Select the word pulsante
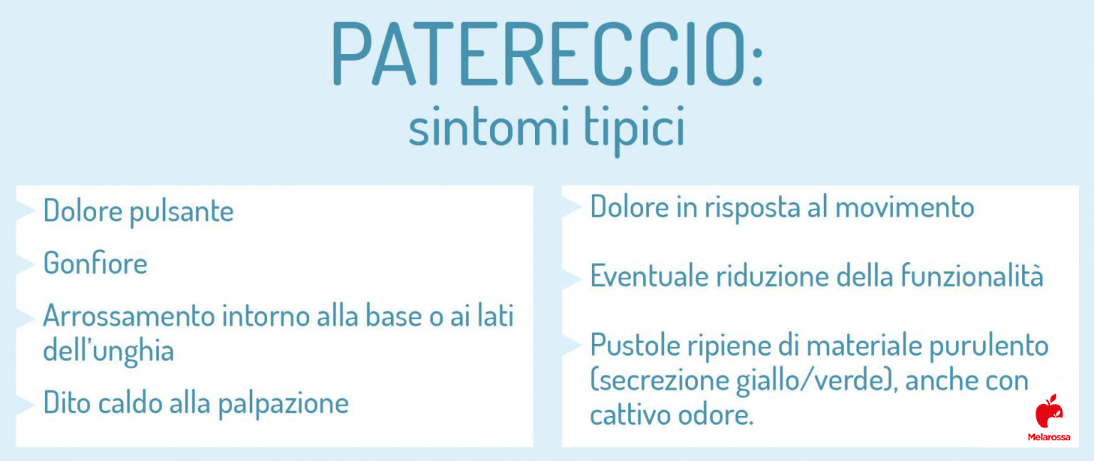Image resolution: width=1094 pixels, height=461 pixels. [x=182, y=212]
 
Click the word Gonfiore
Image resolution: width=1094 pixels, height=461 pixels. [x=95, y=263]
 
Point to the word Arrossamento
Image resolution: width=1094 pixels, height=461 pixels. [x=129, y=316]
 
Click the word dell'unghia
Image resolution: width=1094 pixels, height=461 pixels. [x=108, y=351]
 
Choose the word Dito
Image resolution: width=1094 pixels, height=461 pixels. [x=68, y=403]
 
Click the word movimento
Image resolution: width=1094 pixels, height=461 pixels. [x=905, y=207]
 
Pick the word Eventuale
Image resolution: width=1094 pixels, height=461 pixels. [x=649, y=276]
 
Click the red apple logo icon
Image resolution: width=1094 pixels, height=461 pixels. [x=1048, y=412]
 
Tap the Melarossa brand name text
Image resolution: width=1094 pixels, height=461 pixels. [x=1048, y=437]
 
